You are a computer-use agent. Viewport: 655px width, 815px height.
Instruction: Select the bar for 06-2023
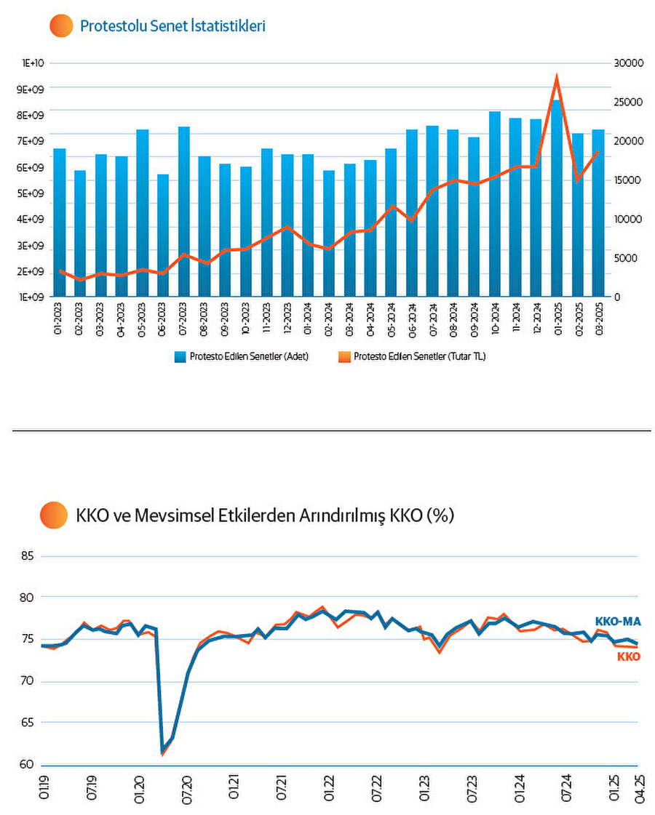tap(163, 236)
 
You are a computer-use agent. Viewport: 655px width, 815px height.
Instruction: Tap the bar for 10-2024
tap(495, 205)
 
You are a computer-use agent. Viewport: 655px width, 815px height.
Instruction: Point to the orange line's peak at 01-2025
tap(557, 76)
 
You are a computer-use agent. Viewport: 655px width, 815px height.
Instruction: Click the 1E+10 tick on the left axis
tap(33, 63)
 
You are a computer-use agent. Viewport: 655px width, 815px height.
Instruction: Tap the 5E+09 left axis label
tap(33, 193)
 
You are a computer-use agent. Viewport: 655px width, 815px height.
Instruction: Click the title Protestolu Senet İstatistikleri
tap(172, 26)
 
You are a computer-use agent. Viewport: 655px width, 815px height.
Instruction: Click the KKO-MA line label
tap(617, 622)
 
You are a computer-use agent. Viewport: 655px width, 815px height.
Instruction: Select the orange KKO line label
tap(628, 657)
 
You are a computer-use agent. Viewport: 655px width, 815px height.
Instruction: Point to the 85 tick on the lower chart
tap(27, 557)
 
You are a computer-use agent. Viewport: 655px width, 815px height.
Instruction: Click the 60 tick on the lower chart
tap(27, 765)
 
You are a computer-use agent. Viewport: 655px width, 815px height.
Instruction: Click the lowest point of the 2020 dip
tap(162, 754)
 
